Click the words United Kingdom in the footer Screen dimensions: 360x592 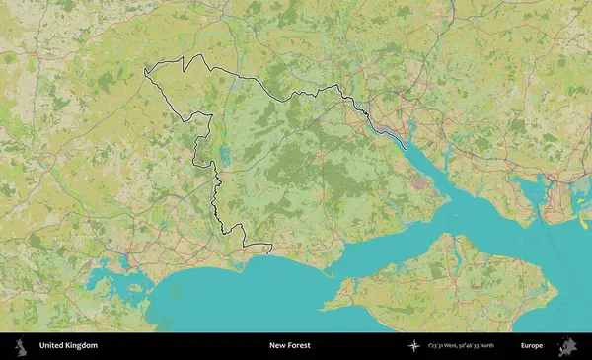(68, 345)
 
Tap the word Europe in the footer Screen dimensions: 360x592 (532, 345)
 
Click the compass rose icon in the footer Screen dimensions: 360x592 (413, 345)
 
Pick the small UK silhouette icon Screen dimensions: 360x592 (19, 345)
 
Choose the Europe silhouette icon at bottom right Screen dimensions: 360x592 (567, 345)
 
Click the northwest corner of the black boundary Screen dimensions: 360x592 (146, 70)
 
